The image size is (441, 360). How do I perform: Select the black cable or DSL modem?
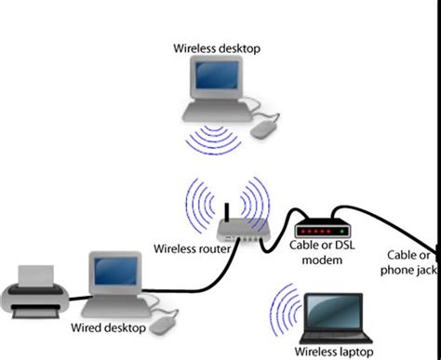(x=321, y=229)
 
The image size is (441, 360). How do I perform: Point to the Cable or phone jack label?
(x=410, y=262)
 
